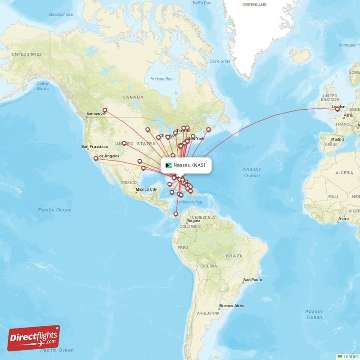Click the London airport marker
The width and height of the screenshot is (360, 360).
pos(337,109)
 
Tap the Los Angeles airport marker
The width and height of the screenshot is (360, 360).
pos(96,158)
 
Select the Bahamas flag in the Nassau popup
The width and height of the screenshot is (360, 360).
pos(169,165)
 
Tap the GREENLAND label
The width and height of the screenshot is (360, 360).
pos(255,4)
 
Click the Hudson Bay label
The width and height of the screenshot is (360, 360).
pos(162,79)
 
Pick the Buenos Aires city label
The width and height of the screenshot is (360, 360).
pos(231,306)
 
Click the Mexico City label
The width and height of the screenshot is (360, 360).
pos(147,189)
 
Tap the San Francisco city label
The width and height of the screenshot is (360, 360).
pos(94,146)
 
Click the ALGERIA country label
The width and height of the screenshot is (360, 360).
pos(344,172)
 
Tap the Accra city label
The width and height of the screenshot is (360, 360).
pos(344,219)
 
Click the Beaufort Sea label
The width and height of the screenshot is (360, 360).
pos(61,15)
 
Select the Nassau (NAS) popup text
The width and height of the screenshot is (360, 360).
pos(189,165)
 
